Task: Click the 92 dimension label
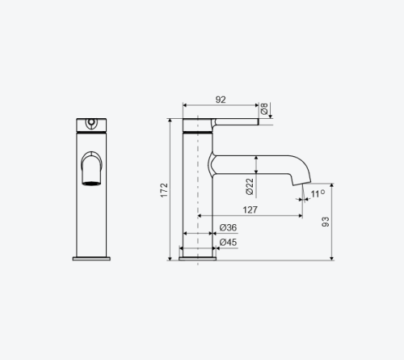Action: (221, 100)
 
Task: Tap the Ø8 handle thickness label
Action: (264, 108)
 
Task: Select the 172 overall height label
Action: (164, 190)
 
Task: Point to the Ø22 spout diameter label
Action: (250, 187)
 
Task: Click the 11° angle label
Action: (318, 193)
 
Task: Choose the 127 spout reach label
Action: (250, 210)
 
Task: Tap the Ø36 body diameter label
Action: (228, 227)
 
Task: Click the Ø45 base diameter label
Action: (228, 242)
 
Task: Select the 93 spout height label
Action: (326, 222)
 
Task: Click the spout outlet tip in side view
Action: (302, 184)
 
